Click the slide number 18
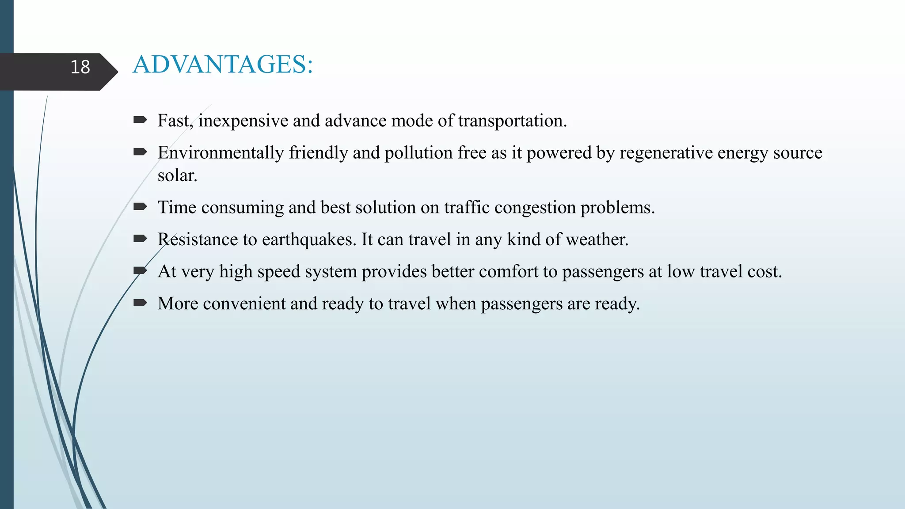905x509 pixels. (x=80, y=67)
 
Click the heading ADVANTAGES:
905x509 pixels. (x=223, y=65)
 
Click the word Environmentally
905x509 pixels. (x=221, y=153)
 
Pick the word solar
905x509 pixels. (x=177, y=176)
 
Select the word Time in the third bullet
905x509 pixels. (x=177, y=208)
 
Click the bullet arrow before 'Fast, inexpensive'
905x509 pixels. (x=140, y=120)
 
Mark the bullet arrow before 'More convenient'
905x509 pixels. (x=140, y=303)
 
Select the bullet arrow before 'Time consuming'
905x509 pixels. (x=140, y=206)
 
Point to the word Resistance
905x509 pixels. (x=198, y=239)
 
